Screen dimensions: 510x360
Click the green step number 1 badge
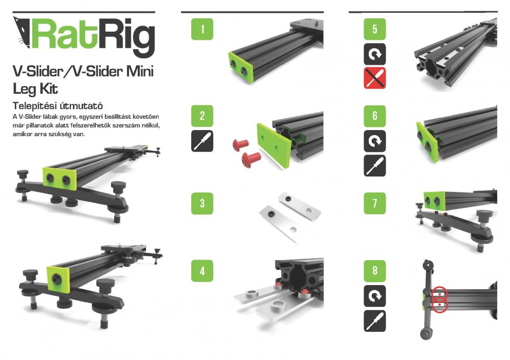(x=202, y=29)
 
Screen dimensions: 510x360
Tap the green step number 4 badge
(x=202, y=271)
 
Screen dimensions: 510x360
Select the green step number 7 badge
(x=375, y=203)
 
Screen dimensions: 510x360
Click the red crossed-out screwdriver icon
(x=375, y=78)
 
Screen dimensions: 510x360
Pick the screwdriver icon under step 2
(x=202, y=141)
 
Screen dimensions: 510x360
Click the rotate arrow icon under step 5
(x=375, y=54)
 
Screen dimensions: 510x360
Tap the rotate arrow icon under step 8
(x=375, y=296)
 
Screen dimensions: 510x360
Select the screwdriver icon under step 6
(x=375, y=166)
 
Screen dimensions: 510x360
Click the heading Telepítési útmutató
(x=58, y=106)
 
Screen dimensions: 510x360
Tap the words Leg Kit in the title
(x=35, y=89)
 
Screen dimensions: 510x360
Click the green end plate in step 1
(x=241, y=67)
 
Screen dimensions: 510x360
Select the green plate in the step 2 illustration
(x=273, y=145)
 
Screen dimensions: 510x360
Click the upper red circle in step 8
(x=440, y=294)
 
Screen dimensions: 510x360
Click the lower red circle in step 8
(x=440, y=305)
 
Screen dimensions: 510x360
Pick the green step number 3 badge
(x=202, y=203)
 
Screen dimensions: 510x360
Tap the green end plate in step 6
(x=427, y=142)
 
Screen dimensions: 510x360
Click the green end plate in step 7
(x=434, y=201)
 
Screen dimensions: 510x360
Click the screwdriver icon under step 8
(x=375, y=321)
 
